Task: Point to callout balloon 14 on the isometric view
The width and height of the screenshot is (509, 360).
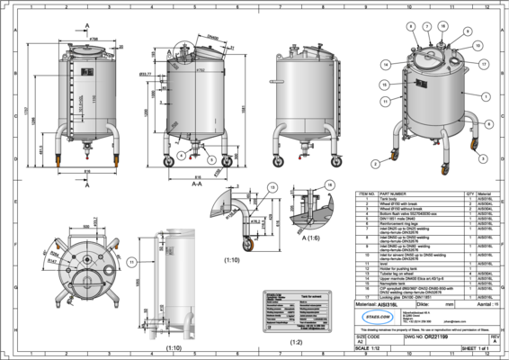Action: point(385,65)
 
